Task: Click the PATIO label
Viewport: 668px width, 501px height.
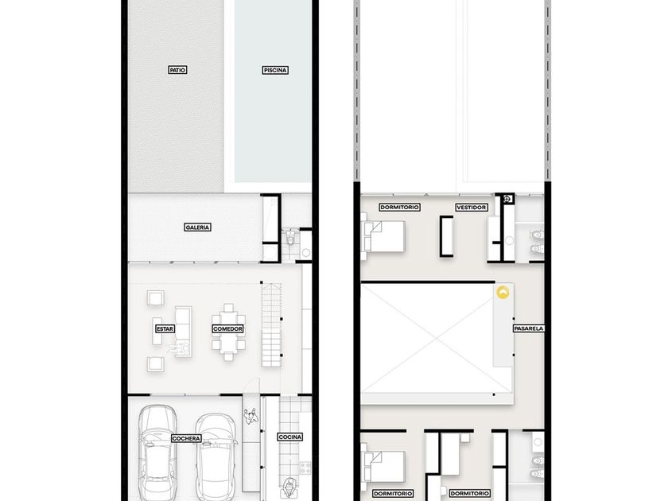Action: (x=177, y=70)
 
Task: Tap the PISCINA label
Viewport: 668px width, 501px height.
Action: (x=275, y=70)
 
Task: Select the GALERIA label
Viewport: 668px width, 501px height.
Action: (x=198, y=227)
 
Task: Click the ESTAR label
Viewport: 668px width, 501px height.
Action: (x=165, y=329)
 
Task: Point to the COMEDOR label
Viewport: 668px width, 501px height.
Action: (x=228, y=329)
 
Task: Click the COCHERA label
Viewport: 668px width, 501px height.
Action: (x=186, y=438)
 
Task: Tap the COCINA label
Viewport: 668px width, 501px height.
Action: (x=290, y=437)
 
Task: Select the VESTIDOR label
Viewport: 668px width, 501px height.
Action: (x=471, y=208)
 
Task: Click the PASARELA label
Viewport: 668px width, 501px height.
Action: (x=529, y=328)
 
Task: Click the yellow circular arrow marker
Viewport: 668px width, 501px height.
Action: (x=503, y=293)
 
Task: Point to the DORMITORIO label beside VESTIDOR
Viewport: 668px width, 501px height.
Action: (x=399, y=208)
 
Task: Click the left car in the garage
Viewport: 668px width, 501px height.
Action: (x=157, y=452)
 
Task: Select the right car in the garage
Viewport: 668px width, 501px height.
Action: (x=216, y=456)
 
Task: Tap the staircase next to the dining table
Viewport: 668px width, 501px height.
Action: (x=271, y=324)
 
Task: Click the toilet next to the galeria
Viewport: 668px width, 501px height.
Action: (x=291, y=237)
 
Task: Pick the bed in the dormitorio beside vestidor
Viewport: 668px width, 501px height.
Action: (x=383, y=236)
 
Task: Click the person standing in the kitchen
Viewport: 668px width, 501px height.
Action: (x=290, y=487)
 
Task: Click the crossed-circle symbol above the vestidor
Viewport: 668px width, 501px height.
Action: (x=507, y=199)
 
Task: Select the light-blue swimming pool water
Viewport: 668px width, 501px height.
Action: (x=273, y=91)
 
